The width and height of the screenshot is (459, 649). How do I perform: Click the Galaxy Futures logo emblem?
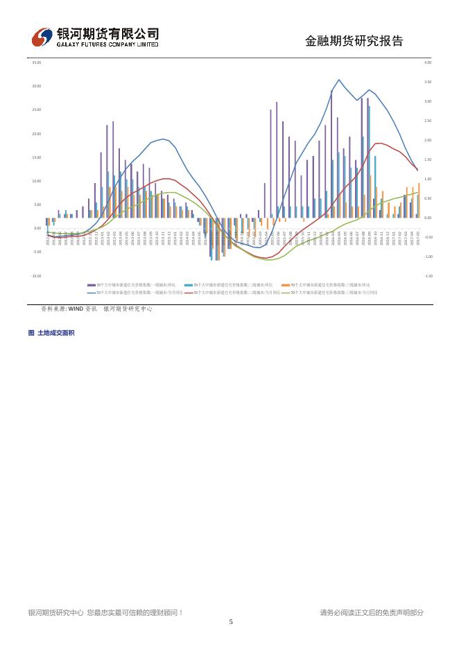click(x=42, y=37)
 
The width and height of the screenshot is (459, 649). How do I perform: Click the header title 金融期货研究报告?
click(x=354, y=41)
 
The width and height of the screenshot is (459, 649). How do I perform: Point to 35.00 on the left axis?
click(x=37, y=62)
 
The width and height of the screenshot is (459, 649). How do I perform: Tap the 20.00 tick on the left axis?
click(x=37, y=134)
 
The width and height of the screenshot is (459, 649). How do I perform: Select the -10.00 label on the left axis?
click(x=37, y=276)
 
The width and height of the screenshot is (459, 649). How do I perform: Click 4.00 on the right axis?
click(x=427, y=62)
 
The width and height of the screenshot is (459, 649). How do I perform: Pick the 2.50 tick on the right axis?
click(x=427, y=121)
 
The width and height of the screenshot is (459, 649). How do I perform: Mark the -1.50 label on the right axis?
click(x=427, y=276)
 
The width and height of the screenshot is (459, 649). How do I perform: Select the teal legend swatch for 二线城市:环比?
click(x=188, y=284)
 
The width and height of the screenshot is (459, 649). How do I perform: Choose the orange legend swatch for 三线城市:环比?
click(x=285, y=284)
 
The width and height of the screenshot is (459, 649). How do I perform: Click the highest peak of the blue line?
click(x=338, y=80)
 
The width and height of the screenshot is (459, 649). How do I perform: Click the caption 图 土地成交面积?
click(x=51, y=333)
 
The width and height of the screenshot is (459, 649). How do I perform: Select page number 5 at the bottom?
click(x=230, y=622)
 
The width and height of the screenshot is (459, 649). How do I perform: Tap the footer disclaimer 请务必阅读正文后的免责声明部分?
click(x=371, y=612)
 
